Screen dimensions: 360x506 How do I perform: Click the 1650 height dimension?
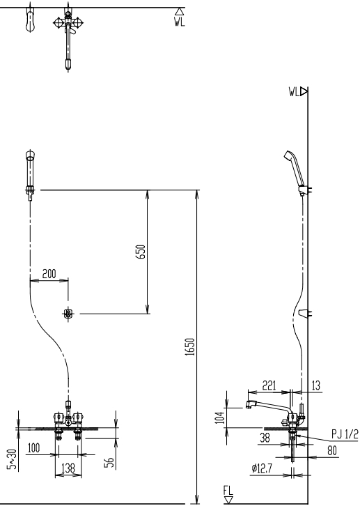click(191, 347)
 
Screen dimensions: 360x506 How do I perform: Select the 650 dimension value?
click(141, 252)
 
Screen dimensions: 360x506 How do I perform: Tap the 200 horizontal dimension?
click(49, 274)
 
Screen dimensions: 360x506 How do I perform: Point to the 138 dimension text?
click(68, 468)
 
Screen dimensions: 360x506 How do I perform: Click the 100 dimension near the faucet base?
click(33, 447)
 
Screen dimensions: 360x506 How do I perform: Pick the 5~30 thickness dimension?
click(12, 459)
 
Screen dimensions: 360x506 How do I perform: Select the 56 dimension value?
click(110, 463)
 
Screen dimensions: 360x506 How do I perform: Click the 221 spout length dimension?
click(269, 385)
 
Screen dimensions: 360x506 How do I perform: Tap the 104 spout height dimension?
click(220, 417)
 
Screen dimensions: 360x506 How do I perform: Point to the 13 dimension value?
click(316, 385)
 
